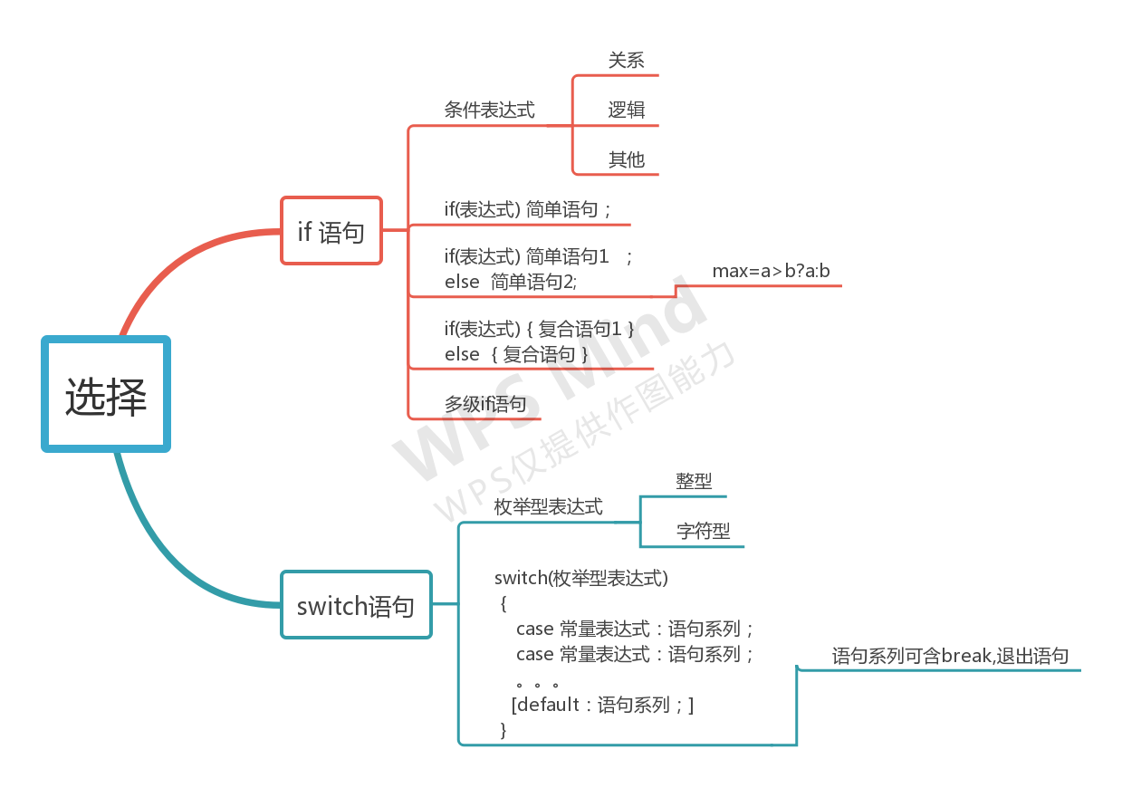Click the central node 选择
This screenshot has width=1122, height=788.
click(x=106, y=394)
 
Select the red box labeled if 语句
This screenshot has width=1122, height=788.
click(x=331, y=231)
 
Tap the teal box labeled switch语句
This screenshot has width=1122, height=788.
click(x=356, y=604)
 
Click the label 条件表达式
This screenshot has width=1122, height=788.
click(x=489, y=111)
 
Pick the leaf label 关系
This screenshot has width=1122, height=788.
click(x=626, y=61)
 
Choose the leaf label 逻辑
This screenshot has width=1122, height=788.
click(x=626, y=111)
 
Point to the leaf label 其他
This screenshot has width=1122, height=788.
click(x=626, y=160)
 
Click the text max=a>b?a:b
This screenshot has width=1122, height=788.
click(x=771, y=271)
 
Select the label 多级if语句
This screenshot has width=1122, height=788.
click(x=484, y=404)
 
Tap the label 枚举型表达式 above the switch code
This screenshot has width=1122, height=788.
click(x=548, y=507)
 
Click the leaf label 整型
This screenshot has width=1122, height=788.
click(x=694, y=482)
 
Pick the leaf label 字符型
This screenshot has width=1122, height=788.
click(x=703, y=532)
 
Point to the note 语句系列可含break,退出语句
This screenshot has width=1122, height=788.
click(x=950, y=657)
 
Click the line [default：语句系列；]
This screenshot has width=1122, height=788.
click(x=602, y=705)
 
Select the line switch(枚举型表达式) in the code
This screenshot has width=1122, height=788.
click(x=580, y=578)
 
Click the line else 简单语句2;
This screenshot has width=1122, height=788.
click(x=510, y=283)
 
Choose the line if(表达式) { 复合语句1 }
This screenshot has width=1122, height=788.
click(x=539, y=330)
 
